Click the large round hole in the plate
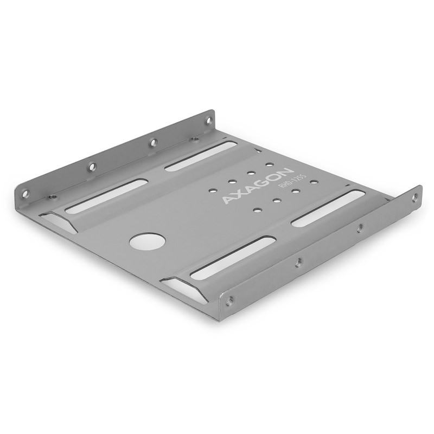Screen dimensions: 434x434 147,241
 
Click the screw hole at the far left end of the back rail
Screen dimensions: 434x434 25,192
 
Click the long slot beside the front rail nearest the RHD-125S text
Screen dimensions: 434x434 328,208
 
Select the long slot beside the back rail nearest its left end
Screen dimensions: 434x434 106,195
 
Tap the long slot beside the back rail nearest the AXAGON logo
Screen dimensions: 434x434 201,156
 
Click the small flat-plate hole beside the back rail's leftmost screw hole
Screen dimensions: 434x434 52,196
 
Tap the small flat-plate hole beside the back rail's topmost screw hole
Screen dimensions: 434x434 194,139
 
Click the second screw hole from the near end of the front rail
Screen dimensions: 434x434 298,262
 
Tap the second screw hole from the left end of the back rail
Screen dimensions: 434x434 92,167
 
